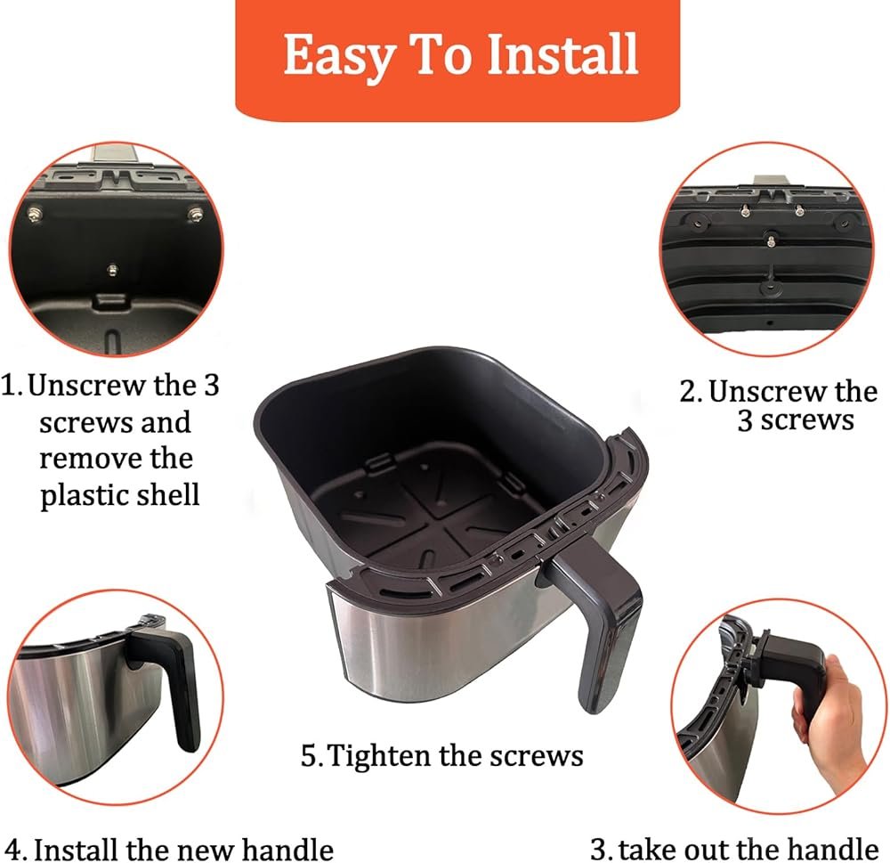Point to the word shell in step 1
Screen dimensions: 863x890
[169, 494]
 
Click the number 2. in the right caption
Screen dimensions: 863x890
[691, 392]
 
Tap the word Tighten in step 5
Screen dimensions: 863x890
[384, 755]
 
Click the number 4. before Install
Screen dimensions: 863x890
[17, 849]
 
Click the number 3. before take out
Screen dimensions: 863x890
[601, 849]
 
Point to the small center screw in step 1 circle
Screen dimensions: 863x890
[113, 269]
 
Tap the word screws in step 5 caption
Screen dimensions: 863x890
[535, 755]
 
